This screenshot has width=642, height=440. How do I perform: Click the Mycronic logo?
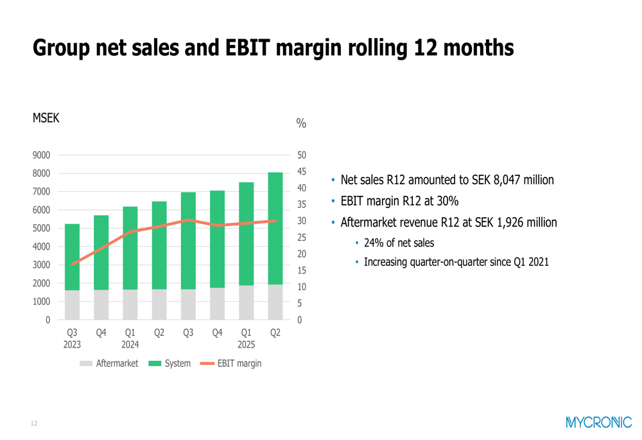click(x=599, y=422)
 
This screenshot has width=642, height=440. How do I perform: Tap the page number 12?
click(x=34, y=423)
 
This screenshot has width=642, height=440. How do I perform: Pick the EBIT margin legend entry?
click(x=231, y=364)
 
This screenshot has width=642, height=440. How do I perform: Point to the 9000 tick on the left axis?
click(x=42, y=155)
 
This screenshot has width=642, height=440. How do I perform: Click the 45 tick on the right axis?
click(x=301, y=172)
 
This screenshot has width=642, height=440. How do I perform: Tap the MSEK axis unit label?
click(x=46, y=118)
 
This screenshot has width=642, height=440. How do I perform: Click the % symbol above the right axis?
click(x=301, y=123)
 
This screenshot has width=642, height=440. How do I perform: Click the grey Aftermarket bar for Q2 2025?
click(x=275, y=302)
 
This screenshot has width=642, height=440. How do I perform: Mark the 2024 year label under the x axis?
click(x=130, y=344)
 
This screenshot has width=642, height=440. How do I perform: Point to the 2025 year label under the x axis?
click(x=247, y=344)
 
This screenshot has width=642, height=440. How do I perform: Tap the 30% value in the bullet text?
click(x=448, y=201)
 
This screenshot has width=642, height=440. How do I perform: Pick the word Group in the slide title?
click(x=60, y=48)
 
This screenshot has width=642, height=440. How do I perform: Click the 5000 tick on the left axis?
click(x=42, y=228)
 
